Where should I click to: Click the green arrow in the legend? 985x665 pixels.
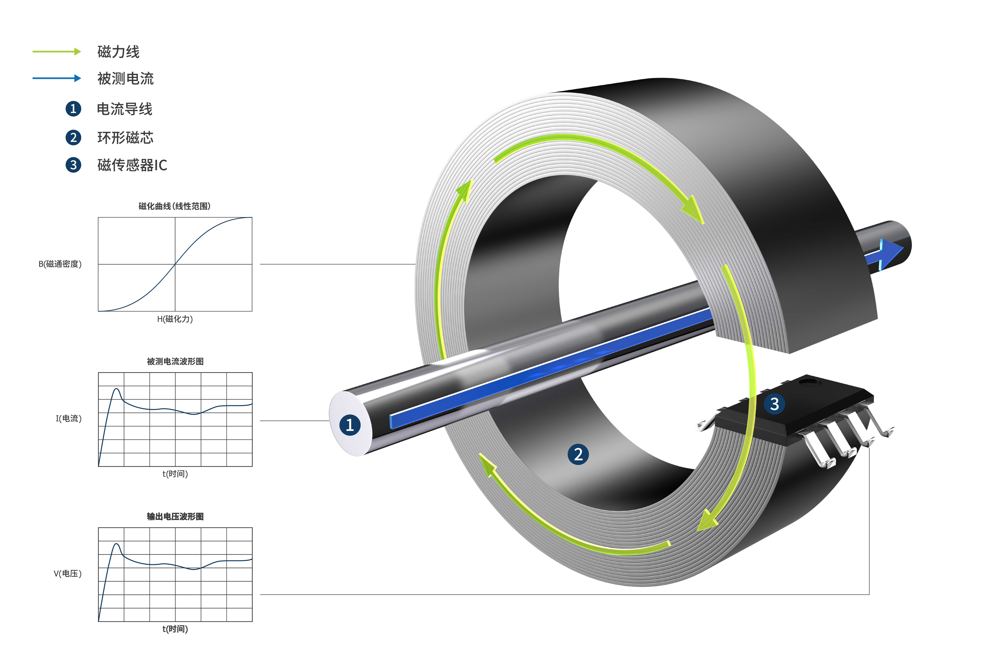pyautogui.click(x=57, y=52)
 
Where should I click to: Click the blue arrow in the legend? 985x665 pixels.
pyautogui.click(x=57, y=78)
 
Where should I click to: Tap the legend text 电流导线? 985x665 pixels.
pyautogui.click(x=125, y=109)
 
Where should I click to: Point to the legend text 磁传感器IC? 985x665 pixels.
pyautogui.click(x=132, y=165)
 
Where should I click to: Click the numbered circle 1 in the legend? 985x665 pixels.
pyautogui.click(x=73, y=109)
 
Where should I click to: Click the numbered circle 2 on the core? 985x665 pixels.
pyautogui.click(x=578, y=454)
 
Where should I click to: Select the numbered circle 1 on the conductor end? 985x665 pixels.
pyautogui.click(x=350, y=425)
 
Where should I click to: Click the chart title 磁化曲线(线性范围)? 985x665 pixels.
pyautogui.click(x=175, y=206)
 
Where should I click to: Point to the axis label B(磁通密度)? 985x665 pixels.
pyautogui.click(x=60, y=264)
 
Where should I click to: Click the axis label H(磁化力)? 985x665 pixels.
pyautogui.click(x=175, y=319)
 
